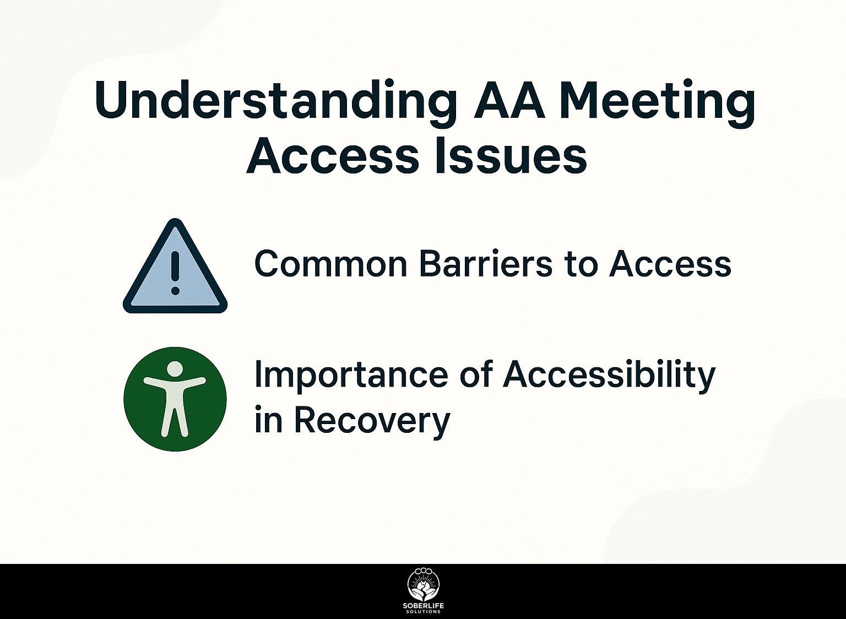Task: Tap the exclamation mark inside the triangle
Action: point(175,273)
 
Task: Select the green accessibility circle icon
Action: point(175,399)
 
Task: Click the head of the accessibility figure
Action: point(175,368)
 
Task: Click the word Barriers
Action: point(485,264)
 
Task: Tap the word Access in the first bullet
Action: point(670,264)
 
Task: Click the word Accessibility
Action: point(609,376)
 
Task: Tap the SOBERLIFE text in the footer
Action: point(423,606)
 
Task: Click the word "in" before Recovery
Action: point(268,420)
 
